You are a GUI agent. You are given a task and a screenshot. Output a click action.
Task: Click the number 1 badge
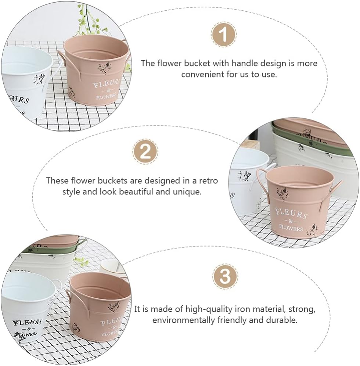[224, 35]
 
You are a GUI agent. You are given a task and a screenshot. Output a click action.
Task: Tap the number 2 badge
[145, 151]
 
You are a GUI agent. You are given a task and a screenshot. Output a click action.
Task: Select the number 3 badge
[225, 276]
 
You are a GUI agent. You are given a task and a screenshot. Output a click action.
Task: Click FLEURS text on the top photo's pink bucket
[107, 83]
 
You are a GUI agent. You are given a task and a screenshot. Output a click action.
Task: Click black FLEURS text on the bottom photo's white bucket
[27, 323]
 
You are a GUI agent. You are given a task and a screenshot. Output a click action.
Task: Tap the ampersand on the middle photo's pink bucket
[291, 221]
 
